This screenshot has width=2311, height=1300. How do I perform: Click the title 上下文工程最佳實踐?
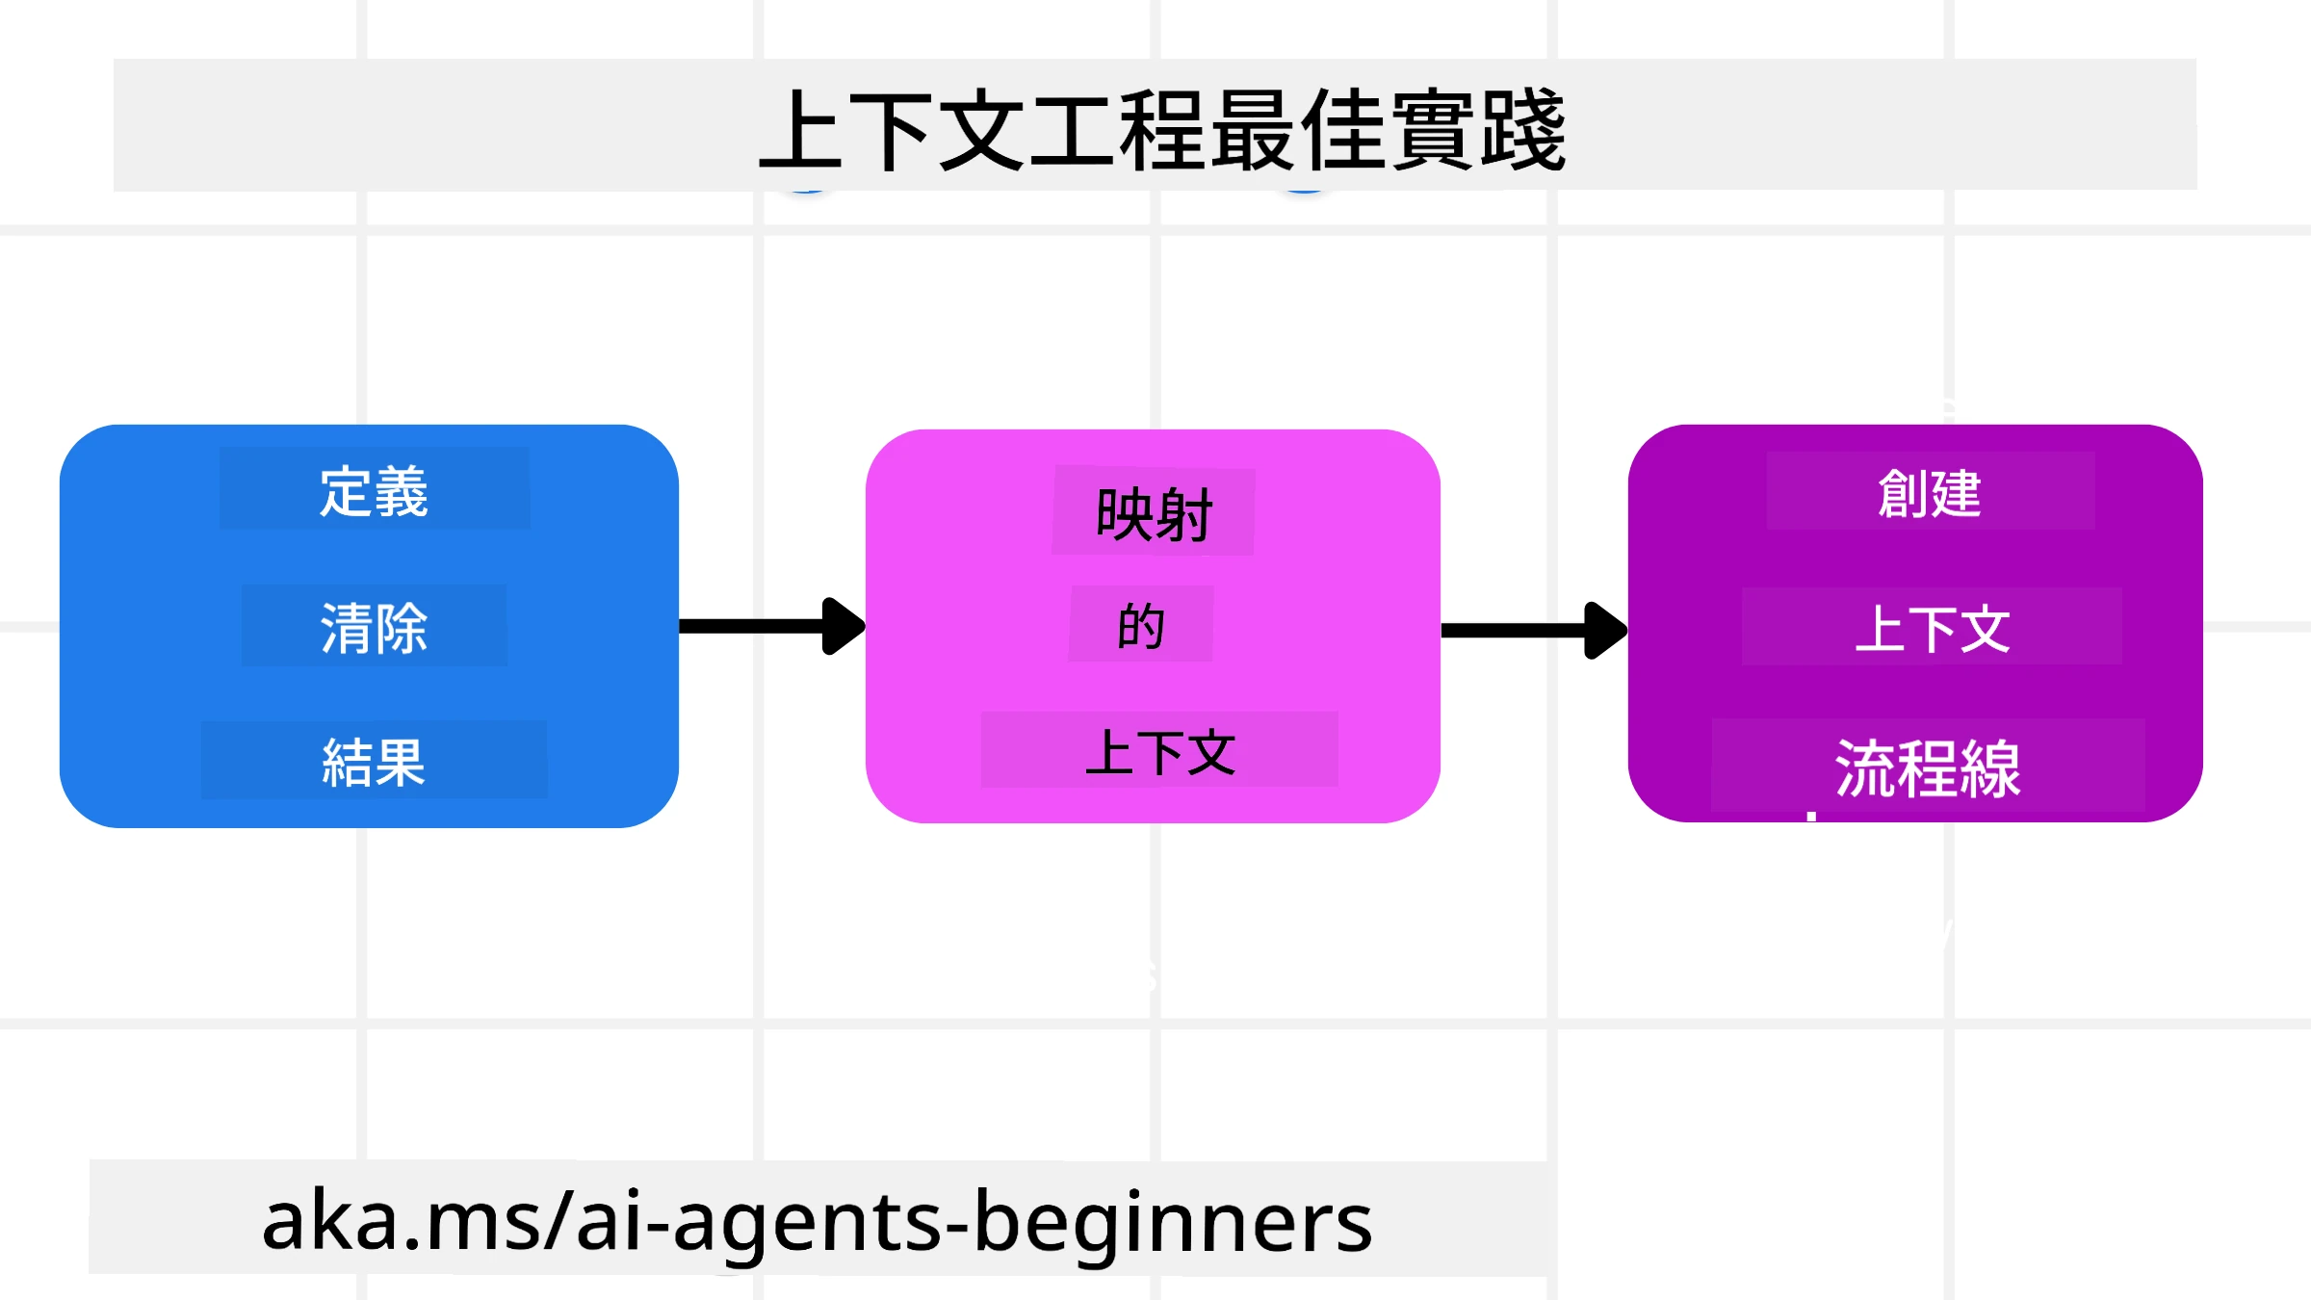point(1162,130)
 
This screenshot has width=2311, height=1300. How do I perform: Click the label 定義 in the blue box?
point(374,491)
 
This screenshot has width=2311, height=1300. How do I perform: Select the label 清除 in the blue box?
point(374,628)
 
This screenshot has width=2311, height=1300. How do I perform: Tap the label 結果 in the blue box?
point(374,762)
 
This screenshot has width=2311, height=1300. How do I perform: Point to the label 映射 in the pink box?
point(1154,514)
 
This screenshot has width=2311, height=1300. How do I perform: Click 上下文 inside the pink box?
point(1160,752)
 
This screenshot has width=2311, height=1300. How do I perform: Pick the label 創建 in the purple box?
point(1930,493)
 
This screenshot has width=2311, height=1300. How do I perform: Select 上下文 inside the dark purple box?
point(1932,629)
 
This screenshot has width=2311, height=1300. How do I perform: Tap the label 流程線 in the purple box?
point(1928,768)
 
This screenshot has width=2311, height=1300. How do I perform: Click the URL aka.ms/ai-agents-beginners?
point(817,1220)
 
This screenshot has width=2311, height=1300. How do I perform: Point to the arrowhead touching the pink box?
point(843,626)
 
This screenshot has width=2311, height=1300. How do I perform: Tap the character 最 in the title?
point(1253,130)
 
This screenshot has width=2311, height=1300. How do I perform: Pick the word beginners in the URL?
point(1173,1220)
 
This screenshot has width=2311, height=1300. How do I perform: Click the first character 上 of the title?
point(801,130)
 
